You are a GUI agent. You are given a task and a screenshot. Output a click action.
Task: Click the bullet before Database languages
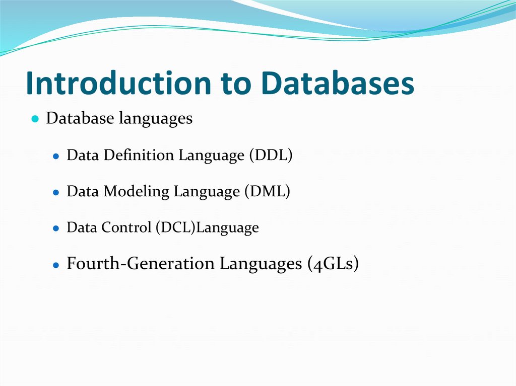pyautogui.click(x=35, y=119)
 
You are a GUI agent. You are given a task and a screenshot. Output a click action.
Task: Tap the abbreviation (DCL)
pyautogui.click(x=175, y=228)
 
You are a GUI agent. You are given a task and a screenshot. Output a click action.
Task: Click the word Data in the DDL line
pyautogui.click(x=83, y=155)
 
